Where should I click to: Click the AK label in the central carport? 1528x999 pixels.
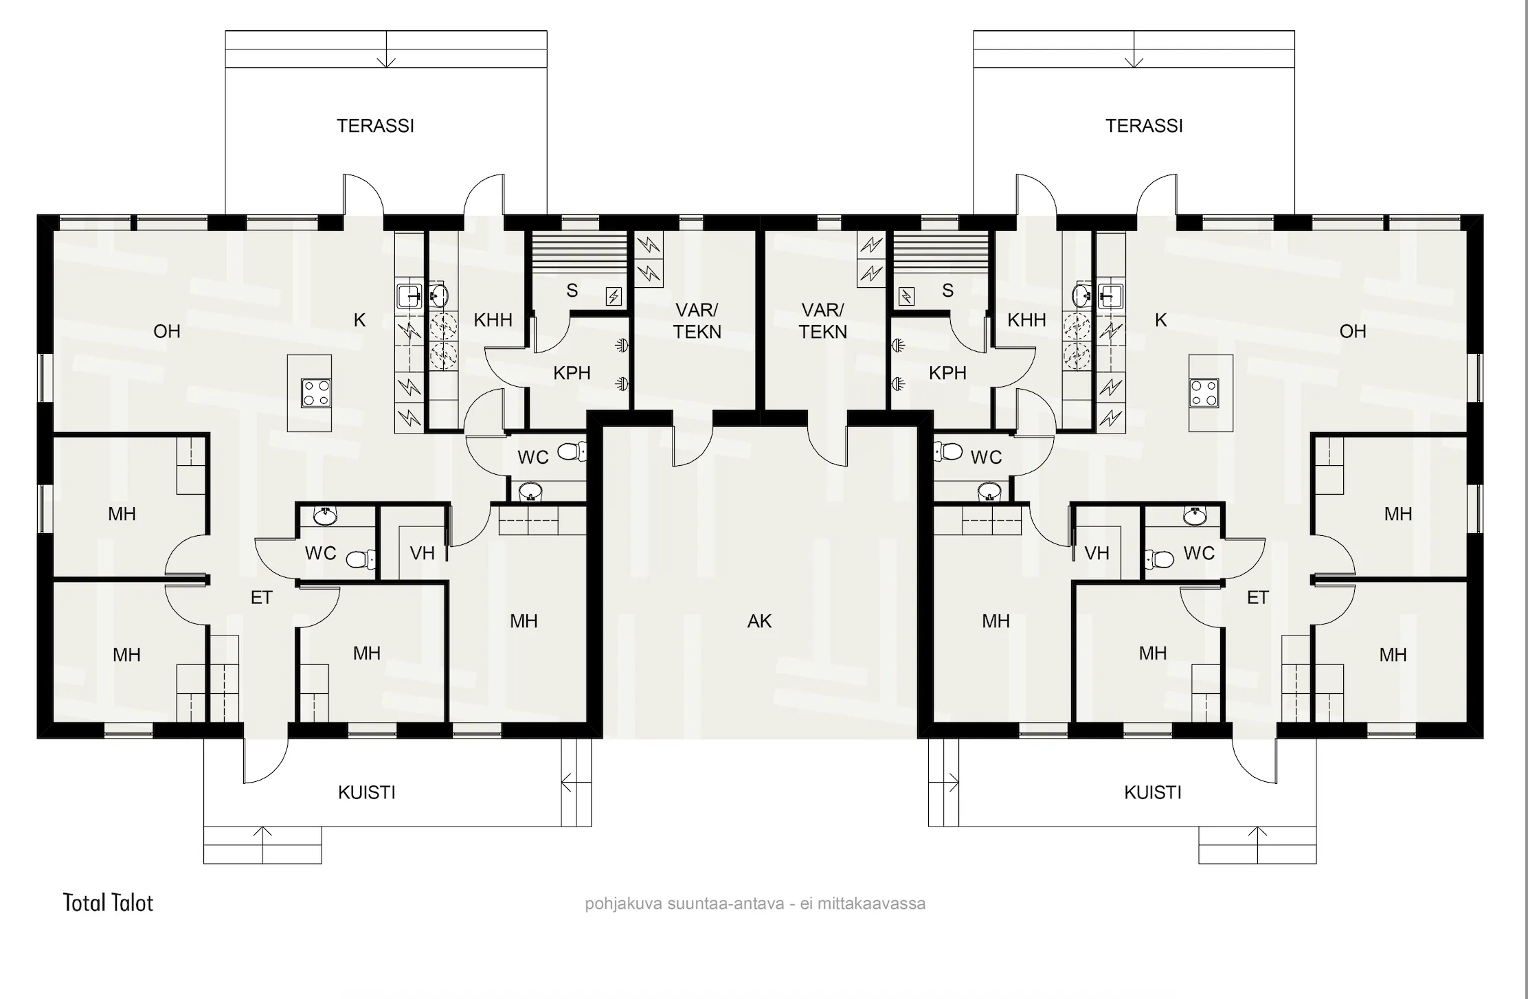759,621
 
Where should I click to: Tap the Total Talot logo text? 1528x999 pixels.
108,903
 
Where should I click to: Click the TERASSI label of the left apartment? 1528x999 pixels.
375,126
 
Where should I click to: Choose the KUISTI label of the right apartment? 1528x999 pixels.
1153,792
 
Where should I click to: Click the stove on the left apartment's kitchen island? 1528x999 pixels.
316,393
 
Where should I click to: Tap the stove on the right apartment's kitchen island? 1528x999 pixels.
1204,393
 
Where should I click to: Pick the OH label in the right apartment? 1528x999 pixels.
1353,331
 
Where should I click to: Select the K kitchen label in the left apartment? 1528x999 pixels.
359,319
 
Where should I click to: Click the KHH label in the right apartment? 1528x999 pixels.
1026,319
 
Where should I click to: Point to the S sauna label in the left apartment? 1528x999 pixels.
572,291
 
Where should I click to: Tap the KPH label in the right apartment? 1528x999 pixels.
947,373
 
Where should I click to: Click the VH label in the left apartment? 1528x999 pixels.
422,553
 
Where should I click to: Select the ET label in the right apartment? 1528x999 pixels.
1257,598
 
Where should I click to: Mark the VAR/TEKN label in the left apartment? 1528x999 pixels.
697,321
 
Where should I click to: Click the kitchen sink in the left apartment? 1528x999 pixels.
409,295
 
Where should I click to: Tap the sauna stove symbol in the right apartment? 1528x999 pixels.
907,297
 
